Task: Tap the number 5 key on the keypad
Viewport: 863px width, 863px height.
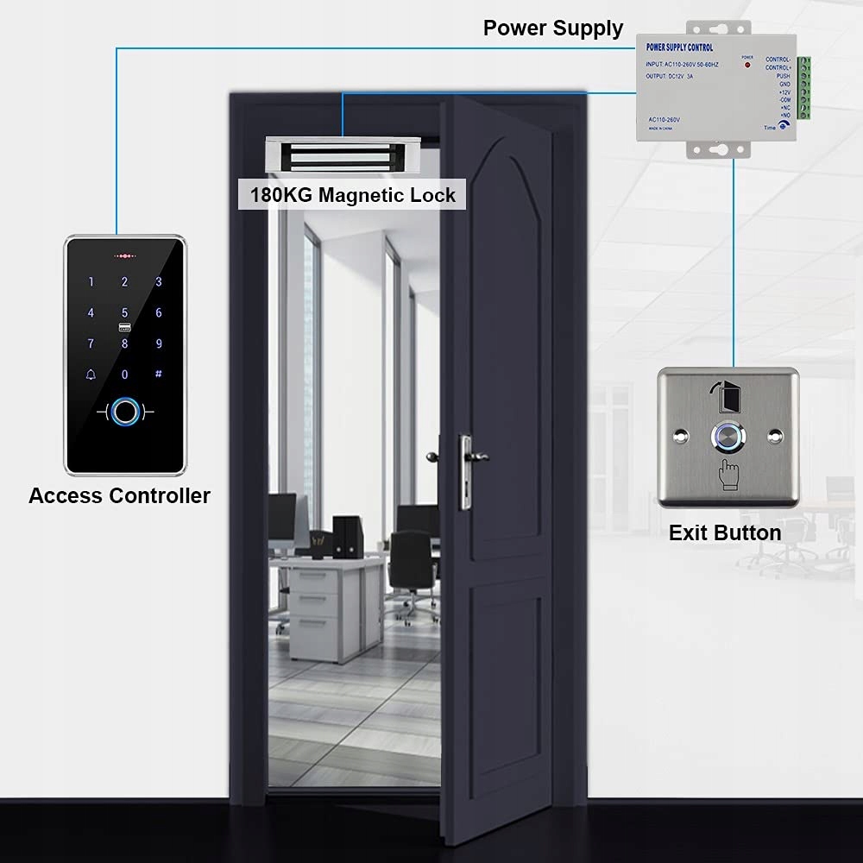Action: pyautogui.click(x=124, y=312)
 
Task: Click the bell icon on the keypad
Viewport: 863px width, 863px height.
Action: pyautogui.click(x=91, y=375)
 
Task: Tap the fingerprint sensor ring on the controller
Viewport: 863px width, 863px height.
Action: pyautogui.click(x=126, y=413)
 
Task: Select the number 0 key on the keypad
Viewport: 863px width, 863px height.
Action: pyautogui.click(x=124, y=375)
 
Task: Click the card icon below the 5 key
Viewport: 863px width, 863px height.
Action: pyautogui.click(x=124, y=328)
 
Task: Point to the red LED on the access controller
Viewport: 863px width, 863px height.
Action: pyautogui.click(x=126, y=256)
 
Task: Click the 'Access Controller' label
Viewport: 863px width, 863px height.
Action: pyautogui.click(x=119, y=496)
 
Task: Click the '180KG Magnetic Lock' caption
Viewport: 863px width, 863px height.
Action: pyautogui.click(x=352, y=194)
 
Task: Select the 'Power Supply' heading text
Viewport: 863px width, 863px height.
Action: pyautogui.click(x=552, y=28)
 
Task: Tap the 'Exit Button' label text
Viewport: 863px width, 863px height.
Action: pyautogui.click(x=725, y=532)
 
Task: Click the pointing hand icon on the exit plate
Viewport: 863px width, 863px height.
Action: pyautogui.click(x=728, y=474)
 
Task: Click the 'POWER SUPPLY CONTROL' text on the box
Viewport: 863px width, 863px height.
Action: pyautogui.click(x=681, y=47)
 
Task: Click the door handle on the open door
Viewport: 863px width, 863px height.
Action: pyautogui.click(x=471, y=452)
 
